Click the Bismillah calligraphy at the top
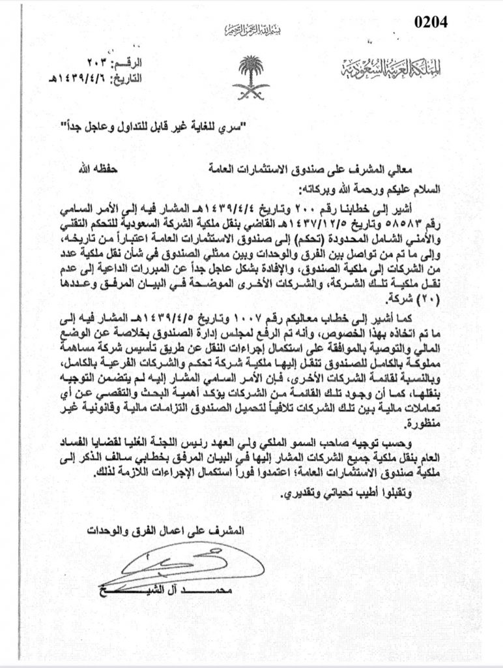pyautogui.click(x=251, y=31)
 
